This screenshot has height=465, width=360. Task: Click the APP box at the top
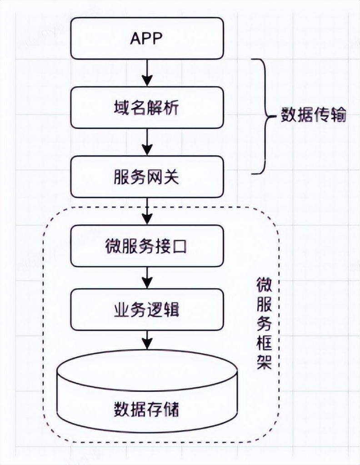tap(147, 38)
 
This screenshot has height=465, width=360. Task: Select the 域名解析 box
tap(147, 108)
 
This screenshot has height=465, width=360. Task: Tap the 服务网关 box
tap(147, 177)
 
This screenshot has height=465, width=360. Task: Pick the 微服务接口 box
tap(147, 246)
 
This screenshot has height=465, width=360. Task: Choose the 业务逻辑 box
tap(147, 310)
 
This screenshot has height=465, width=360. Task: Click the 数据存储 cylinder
tap(147, 391)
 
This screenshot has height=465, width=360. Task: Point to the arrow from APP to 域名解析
tap(147, 73)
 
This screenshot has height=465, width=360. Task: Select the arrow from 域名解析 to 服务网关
tap(147, 142)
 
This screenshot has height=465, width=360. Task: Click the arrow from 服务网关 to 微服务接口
tap(147, 212)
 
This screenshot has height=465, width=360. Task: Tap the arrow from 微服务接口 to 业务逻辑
tap(147, 278)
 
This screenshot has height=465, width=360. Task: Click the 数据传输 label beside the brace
tap(314, 115)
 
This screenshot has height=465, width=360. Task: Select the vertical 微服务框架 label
tap(264, 323)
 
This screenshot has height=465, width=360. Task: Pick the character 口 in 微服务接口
tap(179, 246)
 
